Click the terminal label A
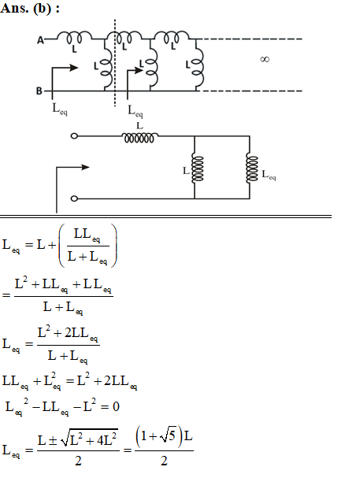pyautogui.click(x=40, y=40)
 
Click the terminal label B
pyautogui.click(x=39, y=91)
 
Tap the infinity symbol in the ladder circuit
pyautogui.click(x=265, y=59)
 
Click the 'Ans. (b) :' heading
pyautogui.click(x=30, y=8)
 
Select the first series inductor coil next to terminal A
pyautogui.click(x=74, y=37)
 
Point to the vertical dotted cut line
pyautogui.click(x=115, y=63)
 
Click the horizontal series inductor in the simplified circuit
pyautogui.click(x=139, y=138)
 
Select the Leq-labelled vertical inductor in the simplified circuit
pyautogui.click(x=252, y=169)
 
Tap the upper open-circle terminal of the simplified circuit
pyautogui.click(x=74, y=136)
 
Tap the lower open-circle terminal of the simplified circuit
pyautogui.click(x=74, y=198)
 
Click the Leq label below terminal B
pyautogui.click(x=60, y=109)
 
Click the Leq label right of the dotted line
pyautogui.click(x=135, y=111)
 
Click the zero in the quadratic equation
pyautogui.click(x=116, y=406)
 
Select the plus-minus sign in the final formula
pyautogui.click(x=52, y=441)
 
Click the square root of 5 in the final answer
pyautogui.click(x=168, y=436)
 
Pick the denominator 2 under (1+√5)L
pyautogui.click(x=164, y=461)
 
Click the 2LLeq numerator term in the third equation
pyautogui.click(x=81, y=333)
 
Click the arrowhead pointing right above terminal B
pyautogui.click(x=74, y=68)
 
